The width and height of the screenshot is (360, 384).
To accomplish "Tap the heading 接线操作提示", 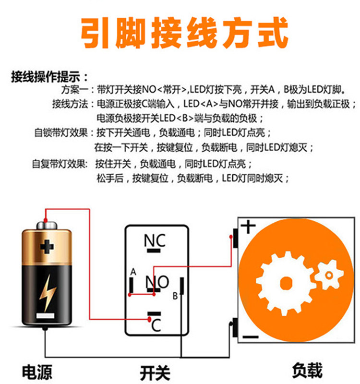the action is click(x=48, y=77).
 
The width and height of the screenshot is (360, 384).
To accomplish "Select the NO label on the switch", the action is click(x=157, y=282).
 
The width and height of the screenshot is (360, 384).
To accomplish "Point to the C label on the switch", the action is click(x=156, y=325).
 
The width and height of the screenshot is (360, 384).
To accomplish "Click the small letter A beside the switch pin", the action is click(x=133, y=272).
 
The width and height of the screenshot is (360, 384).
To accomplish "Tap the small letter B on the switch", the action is click(x=175, y=296).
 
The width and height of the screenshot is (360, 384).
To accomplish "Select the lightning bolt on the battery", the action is click(x=47, y=292).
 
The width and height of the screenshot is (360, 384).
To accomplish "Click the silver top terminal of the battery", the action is click(x=47, y=223).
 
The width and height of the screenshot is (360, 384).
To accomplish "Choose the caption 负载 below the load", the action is click(x=307, y=370).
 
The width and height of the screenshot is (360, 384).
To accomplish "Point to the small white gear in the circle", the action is click(x=329, y=275).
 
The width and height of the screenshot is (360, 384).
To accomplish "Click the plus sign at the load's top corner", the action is click(x=248, y=226).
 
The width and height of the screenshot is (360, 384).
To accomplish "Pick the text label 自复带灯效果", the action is click(x=60, y=163).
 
